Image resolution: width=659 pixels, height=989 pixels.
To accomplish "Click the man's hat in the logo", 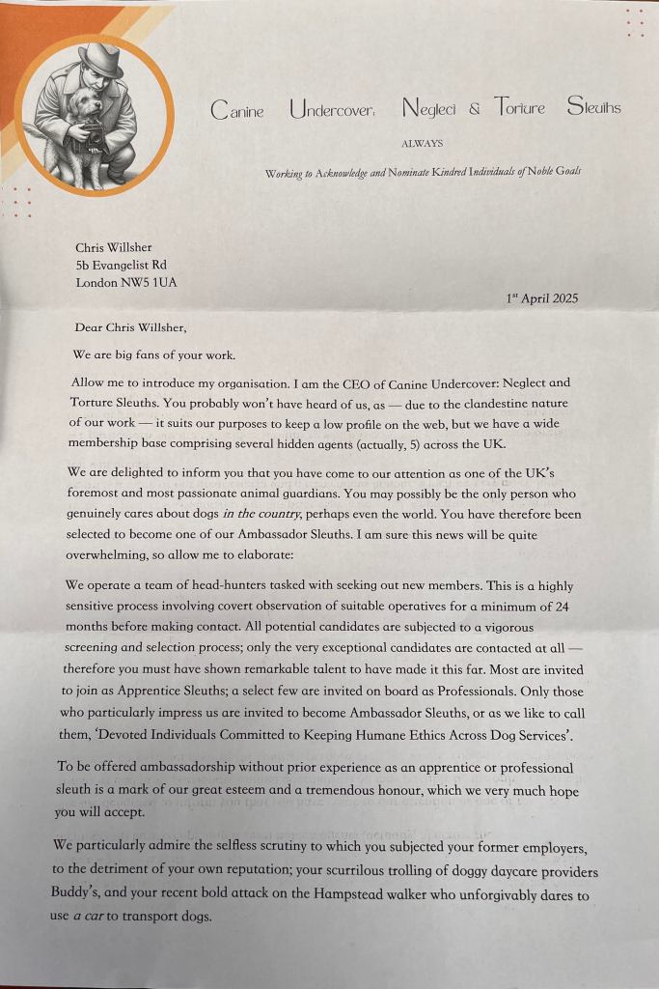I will [100, 60].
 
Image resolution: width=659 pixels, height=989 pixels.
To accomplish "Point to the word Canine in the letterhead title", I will [236, 110].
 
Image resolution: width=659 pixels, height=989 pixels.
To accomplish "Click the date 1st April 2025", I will [542, 298].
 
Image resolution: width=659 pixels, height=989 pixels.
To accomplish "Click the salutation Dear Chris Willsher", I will [136, 327].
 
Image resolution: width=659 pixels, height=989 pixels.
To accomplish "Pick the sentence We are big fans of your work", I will [153, 354].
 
